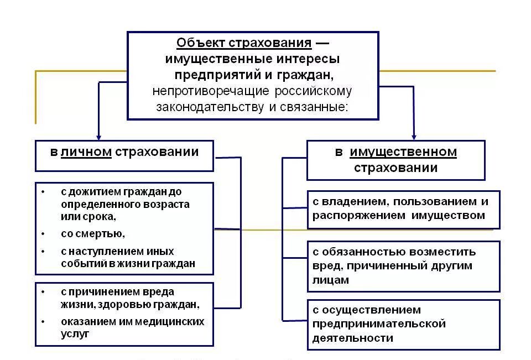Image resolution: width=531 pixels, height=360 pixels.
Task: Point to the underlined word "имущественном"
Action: click(404, 152)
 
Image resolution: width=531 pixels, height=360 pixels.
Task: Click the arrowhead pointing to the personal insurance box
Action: click(98, 136)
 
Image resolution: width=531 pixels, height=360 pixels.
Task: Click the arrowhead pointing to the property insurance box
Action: click(413, 136)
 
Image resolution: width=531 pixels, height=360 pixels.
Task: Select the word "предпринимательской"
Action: click(379, 324)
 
